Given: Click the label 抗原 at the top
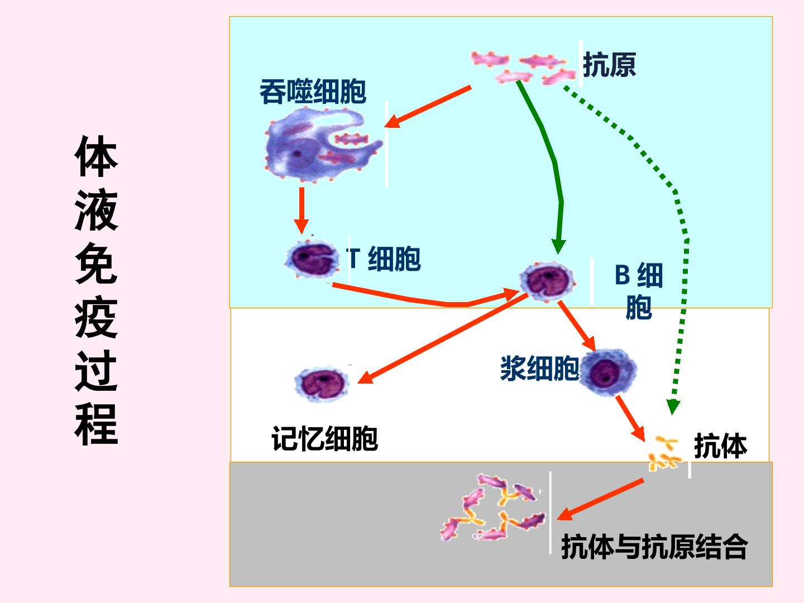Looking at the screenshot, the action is point(610,64).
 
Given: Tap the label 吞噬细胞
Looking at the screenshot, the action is point(313,92).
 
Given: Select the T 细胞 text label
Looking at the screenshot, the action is point(384,259).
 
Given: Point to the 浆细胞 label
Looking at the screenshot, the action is point(539,368).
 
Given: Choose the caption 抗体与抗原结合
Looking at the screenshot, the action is point(654,547).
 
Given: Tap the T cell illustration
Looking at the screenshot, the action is point(312,259).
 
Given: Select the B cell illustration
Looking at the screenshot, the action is point(547,281).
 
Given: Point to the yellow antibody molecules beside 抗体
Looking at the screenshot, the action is point(664,453).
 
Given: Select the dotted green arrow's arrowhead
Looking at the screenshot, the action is point(673,407).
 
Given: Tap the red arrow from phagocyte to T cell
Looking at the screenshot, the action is point(301,210).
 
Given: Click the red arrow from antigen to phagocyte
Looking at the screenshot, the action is point(428,107).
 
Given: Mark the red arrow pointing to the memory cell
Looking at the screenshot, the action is point(442,338).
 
